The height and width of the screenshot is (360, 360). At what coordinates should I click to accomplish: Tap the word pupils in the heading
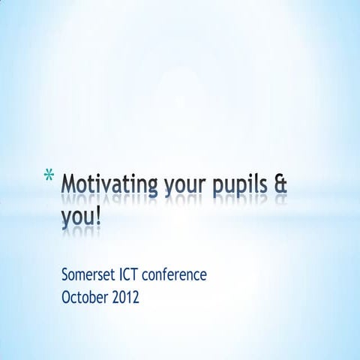point(239,185)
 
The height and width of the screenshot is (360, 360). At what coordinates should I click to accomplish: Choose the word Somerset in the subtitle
point(88,275)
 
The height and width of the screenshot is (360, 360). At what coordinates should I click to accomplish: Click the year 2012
point(124,296)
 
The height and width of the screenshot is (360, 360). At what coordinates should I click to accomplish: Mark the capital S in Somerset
point(64,275)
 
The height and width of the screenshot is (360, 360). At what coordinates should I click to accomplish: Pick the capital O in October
point(65,296)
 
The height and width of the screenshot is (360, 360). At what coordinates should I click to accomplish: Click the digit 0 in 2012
point(120,296)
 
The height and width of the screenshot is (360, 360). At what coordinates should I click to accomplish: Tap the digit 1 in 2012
point(128,296)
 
